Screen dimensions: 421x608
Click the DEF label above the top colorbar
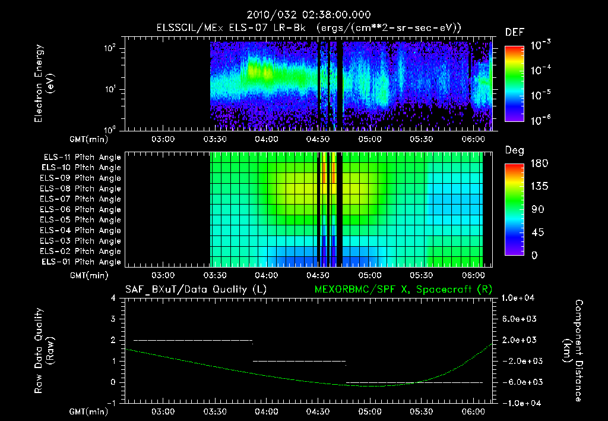pos(514,33)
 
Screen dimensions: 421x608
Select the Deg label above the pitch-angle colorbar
pos(514,150)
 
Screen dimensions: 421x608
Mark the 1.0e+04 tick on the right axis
pos(520,298)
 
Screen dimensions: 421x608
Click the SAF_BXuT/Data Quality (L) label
pos(195,289)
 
